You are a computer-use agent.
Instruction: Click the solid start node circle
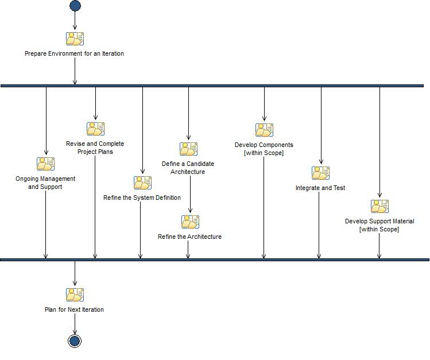coord(75,6)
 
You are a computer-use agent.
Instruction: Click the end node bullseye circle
coord(74,341)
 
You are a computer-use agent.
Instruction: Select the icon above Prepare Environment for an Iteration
coord(75,39)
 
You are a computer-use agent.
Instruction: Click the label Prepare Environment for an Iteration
coord(74,53)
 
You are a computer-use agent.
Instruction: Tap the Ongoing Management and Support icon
coord(45,164)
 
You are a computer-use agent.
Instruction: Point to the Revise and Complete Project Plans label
coord(95,148)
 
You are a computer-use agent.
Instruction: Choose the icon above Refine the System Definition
coord(142,183)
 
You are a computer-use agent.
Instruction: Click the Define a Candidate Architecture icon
coord(188,149)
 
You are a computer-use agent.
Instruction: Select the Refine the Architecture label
coord(189,237)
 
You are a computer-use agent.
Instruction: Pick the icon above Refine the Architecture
coord(190,222)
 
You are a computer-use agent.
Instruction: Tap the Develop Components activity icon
coord(264,130)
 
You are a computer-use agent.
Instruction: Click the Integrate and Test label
coord(320,188)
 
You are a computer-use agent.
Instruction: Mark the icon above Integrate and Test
coord(320,173)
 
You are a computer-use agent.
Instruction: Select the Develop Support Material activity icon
coord(379,206)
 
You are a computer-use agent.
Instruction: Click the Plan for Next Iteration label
coord(74,309)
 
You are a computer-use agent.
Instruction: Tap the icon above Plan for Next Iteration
coord(75,295)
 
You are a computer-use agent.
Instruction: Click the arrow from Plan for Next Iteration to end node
coord(74,323)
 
